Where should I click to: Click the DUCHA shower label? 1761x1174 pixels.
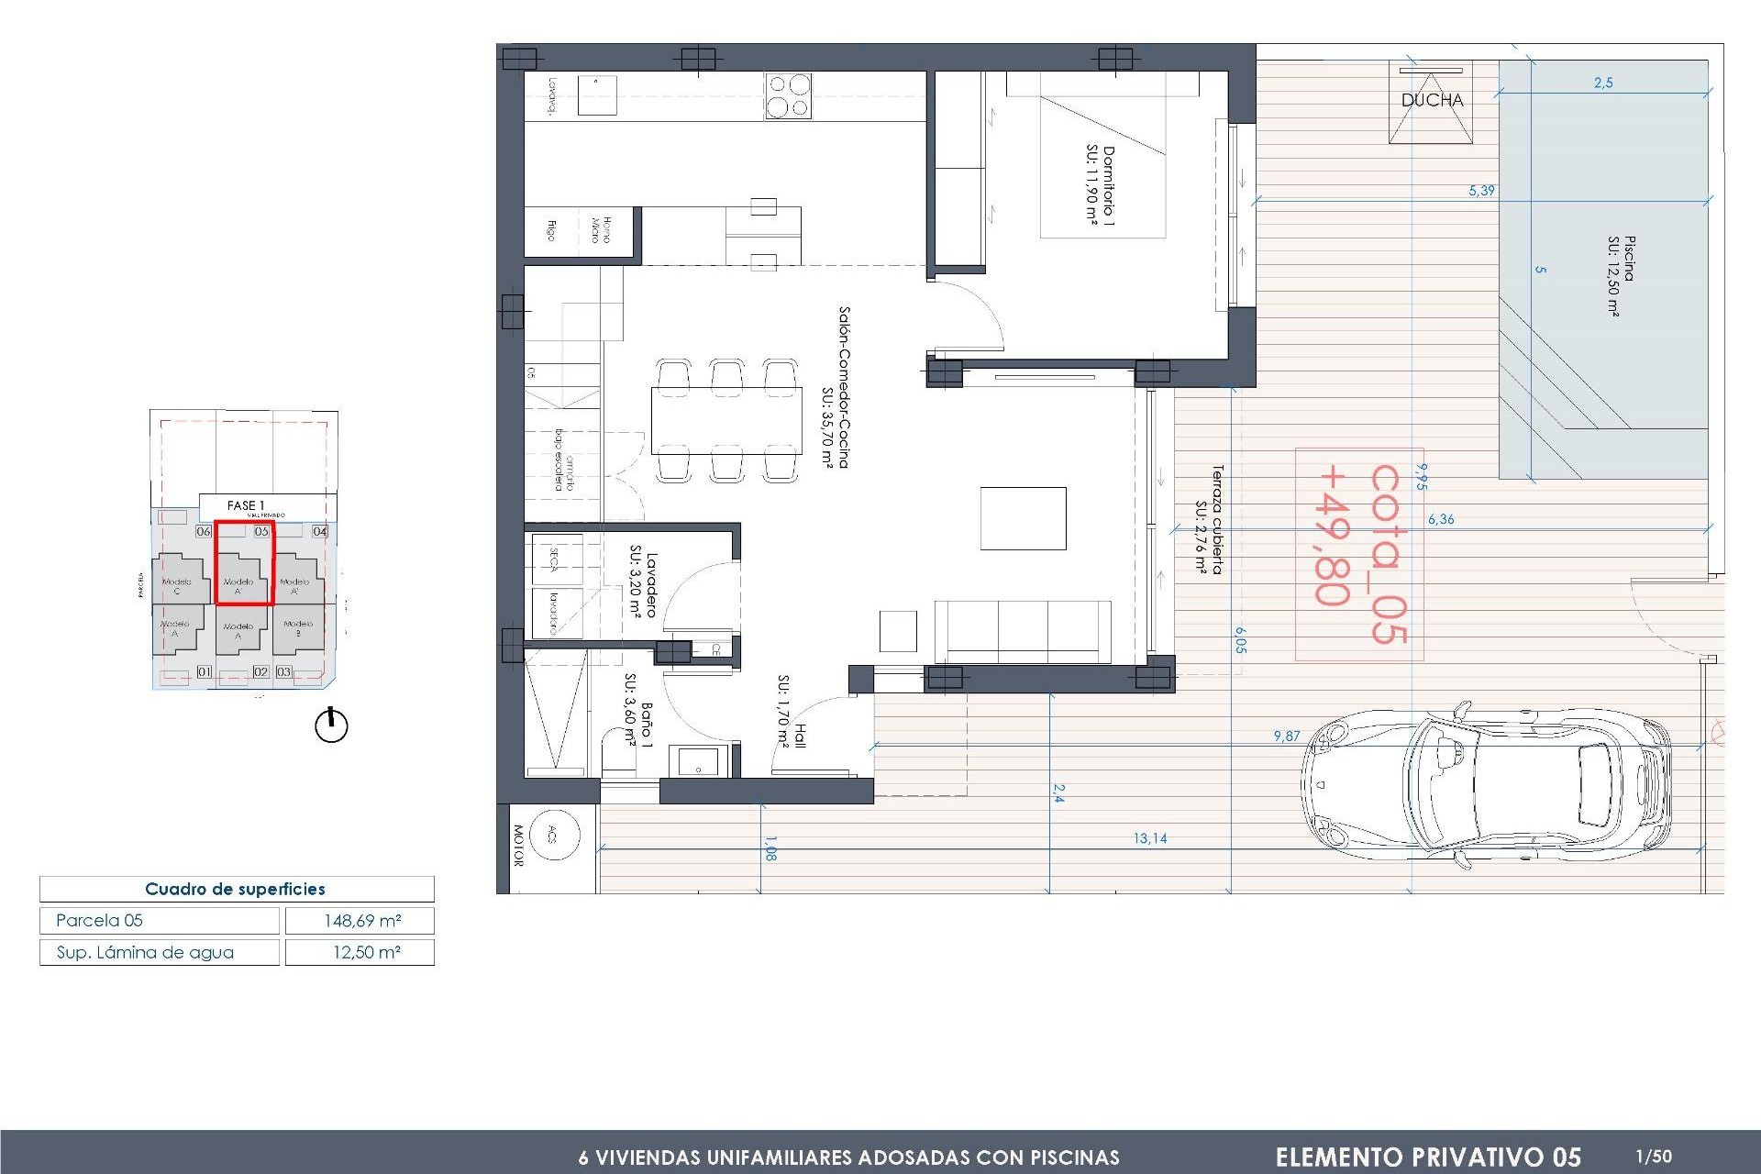1431,100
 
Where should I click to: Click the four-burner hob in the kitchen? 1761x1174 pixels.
788,95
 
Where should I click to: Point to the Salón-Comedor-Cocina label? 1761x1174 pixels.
836,387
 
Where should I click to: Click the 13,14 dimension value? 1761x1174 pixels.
1149,837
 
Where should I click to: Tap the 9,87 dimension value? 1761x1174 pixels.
1286,736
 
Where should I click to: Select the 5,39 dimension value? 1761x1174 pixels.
1481,191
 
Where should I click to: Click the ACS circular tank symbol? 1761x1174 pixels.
553,834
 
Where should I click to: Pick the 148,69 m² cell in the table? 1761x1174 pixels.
360,920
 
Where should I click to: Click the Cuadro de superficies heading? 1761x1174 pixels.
235,889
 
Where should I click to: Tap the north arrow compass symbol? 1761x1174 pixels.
331,725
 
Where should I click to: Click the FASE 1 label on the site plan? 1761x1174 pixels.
245,505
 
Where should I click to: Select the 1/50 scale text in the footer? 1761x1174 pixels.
1653,1156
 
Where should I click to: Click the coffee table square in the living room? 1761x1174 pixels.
1023,518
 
